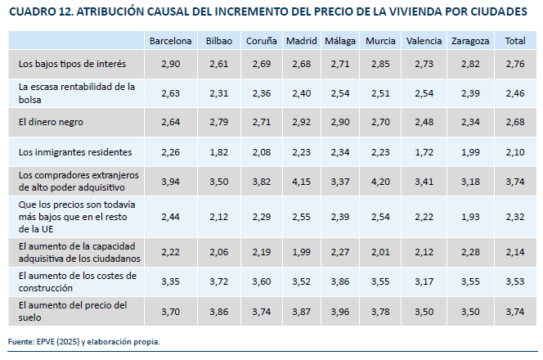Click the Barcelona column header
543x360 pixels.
[170, 41]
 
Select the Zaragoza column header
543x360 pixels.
[470, 41]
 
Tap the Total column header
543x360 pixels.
[515, 41]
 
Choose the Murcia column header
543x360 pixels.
[380, 41]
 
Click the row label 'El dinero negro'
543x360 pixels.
[51, 122]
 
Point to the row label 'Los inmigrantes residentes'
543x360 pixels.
[74, 151]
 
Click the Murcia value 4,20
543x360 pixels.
[380, 181]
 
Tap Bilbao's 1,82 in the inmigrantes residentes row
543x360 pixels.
[218, 151]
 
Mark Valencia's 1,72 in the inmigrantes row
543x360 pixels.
[424, 151]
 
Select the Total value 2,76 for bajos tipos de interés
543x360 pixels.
[515, 63]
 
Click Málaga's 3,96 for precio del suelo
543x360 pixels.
[339, 312]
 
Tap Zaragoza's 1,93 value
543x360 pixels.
[470, 217]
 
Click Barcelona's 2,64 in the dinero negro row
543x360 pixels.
[170, 122]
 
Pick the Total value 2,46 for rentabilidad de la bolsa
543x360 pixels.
[515, 92]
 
